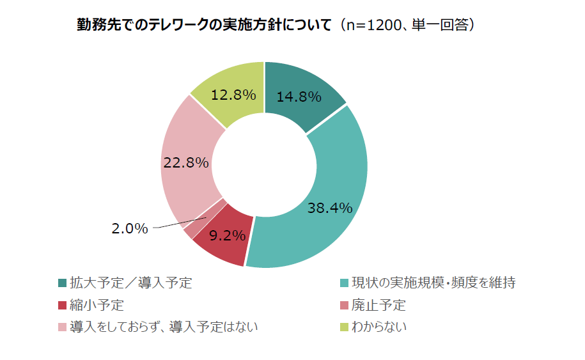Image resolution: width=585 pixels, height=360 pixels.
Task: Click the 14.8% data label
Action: click(299, 97)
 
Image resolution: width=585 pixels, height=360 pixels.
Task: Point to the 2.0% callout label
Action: click(130, 228)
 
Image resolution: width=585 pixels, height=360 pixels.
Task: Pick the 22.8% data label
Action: click(186, 162)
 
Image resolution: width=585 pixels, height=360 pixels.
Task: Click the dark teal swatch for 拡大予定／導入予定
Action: click(62, 283)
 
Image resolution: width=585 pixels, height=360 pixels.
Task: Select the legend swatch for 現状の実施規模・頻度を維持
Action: click(345, 283)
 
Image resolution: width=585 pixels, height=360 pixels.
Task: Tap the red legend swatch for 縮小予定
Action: click(62, 305)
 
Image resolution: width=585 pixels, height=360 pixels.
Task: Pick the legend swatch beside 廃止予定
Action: click(345, 305)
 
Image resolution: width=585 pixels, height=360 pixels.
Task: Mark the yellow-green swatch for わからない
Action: click(345, 327)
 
